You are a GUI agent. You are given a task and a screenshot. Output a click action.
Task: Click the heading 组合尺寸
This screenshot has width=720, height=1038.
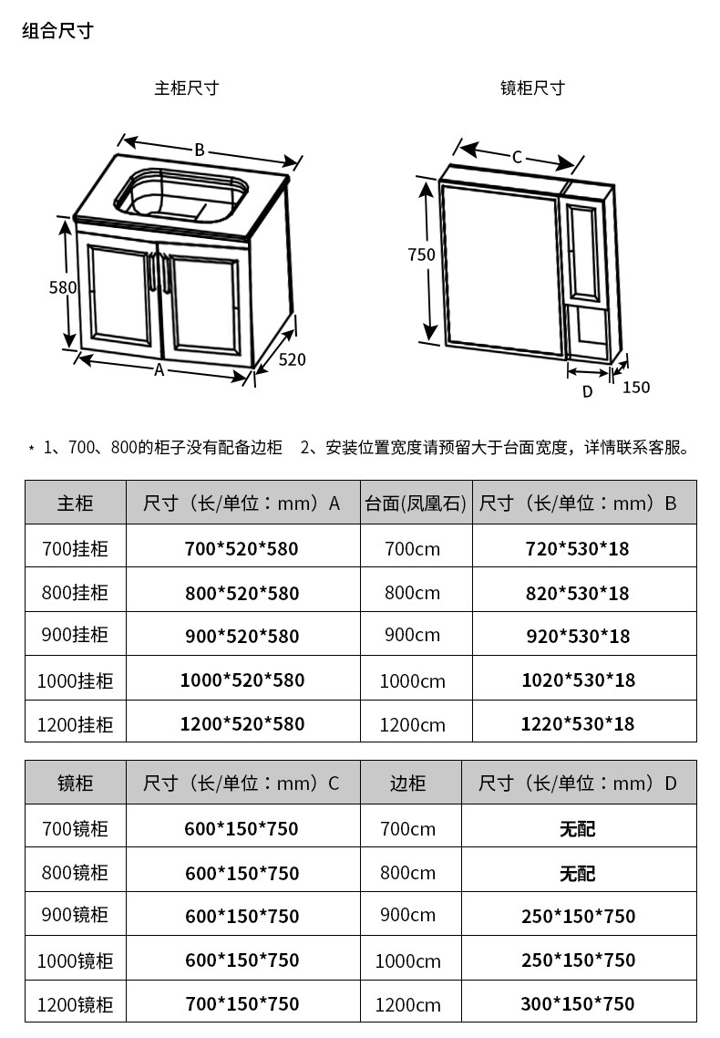coord(57,31)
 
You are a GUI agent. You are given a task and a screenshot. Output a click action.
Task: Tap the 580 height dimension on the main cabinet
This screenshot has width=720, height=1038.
coord(62,287)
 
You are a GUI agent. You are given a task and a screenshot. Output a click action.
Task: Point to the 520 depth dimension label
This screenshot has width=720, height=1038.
coord(292,359)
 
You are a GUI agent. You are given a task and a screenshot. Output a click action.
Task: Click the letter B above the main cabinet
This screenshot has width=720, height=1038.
coord(199,151)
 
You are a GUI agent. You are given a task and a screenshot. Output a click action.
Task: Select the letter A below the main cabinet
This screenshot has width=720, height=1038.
coord(159,370)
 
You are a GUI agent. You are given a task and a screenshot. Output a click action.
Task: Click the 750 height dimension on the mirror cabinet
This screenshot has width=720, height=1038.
coord(421,255)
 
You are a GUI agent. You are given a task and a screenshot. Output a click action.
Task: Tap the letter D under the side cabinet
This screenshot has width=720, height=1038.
coord(587,391)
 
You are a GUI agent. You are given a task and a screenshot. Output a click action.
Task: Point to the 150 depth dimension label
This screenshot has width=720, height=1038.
coord(636,388)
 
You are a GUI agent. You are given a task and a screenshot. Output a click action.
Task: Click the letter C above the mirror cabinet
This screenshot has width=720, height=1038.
coord(517,157)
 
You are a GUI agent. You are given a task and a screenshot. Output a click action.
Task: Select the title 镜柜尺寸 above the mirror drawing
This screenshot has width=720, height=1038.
coord(532,88)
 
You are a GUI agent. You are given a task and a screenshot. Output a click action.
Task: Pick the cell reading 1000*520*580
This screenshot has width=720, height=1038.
coord(242,680)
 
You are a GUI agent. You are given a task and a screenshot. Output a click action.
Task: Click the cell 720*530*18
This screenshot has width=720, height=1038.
coord(578,549)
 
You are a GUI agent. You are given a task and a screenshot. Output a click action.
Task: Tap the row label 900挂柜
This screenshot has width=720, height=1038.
coord(75,635)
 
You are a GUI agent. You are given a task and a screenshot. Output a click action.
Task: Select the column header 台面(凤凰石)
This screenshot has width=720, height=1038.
coord(416,503)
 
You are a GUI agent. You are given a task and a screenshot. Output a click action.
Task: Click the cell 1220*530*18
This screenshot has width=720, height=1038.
coord(578,724)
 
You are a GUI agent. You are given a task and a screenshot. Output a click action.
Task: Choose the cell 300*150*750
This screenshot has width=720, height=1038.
coord(578,1003)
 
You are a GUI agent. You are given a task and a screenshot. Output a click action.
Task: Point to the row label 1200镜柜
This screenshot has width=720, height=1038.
coord(75,1004)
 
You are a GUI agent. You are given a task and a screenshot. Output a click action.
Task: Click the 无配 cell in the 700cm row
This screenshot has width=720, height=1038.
coord(578,829)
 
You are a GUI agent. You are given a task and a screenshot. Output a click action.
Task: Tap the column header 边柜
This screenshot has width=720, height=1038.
coord(407,784)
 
